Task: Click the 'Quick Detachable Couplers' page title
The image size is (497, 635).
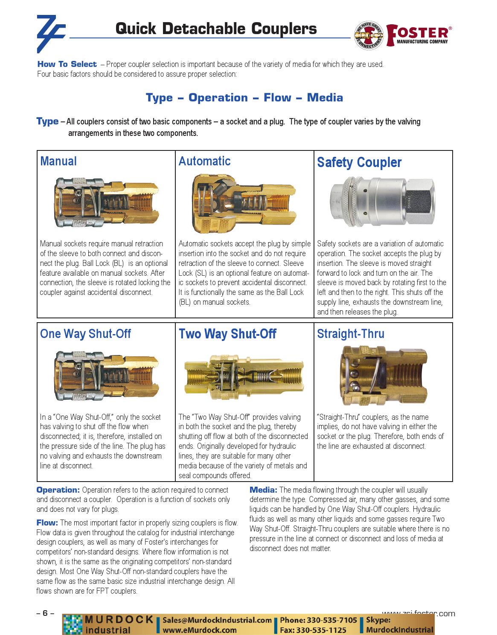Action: [216, 29]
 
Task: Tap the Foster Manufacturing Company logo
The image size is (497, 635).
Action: [401, 35]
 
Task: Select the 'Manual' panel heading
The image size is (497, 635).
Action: [58, 161]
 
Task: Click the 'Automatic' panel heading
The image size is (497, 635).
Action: [204, 161]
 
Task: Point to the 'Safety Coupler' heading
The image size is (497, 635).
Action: [359, 162]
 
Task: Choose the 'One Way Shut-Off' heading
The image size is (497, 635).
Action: [85, 333]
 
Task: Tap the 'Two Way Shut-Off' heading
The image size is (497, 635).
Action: [227, 334]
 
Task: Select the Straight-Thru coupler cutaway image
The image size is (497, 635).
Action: [384, 375]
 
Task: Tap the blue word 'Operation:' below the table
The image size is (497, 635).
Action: [58, 490]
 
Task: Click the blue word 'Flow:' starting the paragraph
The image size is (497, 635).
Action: [47, 522]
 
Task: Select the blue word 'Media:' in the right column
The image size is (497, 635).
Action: [264, 490]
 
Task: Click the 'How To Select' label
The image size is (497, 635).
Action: [67, 64]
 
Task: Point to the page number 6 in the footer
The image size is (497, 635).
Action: [45, 613]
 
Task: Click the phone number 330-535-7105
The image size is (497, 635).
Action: [331, 620]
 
